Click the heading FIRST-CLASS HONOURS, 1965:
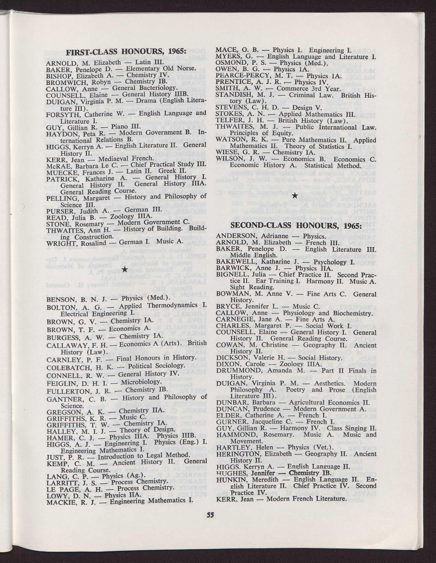pos(126,53)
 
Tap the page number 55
pos(210,515)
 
